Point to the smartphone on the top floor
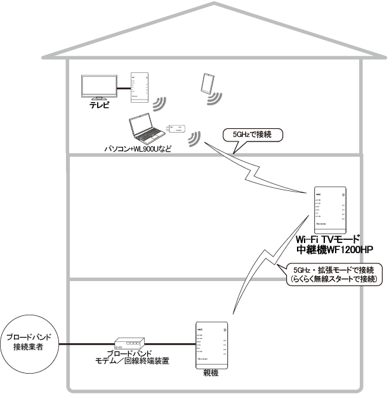point(207,84)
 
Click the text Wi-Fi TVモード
point(328,239)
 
